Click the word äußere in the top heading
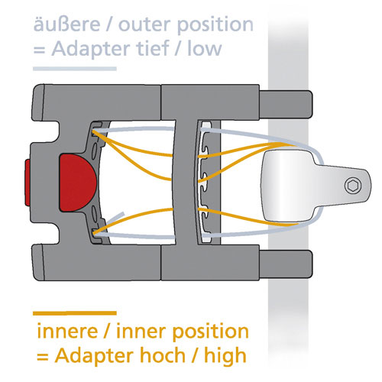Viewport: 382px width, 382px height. [x=66, y=24]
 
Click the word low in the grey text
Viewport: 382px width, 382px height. [x=205, y=48]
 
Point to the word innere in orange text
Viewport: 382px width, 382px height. [x=67, y=331]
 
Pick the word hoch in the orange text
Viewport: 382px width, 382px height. [x=163, y=355]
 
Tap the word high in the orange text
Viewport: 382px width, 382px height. [x=225, y=356]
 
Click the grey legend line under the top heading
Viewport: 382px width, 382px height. [x=75, y=69]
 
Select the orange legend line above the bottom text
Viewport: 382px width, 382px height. [x=75, y=313]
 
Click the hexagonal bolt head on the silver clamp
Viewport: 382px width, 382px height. [x=353, y=185]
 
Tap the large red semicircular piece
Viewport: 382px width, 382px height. [x=78, y=183]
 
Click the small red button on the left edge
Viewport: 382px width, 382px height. [x=28, y=183]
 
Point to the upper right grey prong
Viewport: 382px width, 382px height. [x=286, y=104]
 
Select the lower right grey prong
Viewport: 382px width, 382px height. [x=286, y=264]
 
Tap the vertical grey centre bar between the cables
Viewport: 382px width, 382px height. [x=186, y=183]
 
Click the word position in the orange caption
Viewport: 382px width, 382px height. [x=210, y=332]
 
